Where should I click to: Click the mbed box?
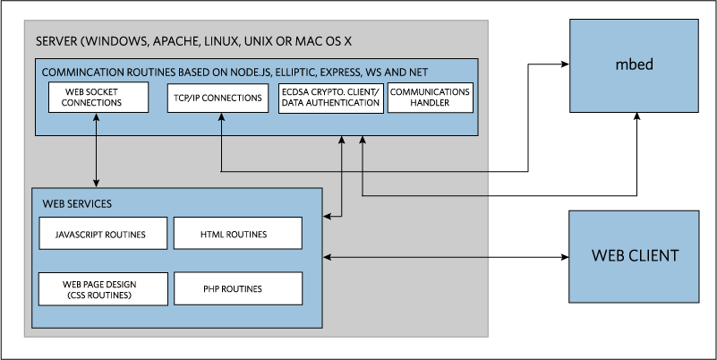tap(635, 64)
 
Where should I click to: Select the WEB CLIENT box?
tap(635, 256)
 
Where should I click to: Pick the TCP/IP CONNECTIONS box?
tap(218, 98)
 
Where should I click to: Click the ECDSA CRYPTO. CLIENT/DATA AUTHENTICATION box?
tap(331, 98)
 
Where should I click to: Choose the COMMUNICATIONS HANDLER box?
tap(431, 98)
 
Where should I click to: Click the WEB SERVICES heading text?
tap(77, 203)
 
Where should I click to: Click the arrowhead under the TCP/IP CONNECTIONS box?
tap(221, 117)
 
